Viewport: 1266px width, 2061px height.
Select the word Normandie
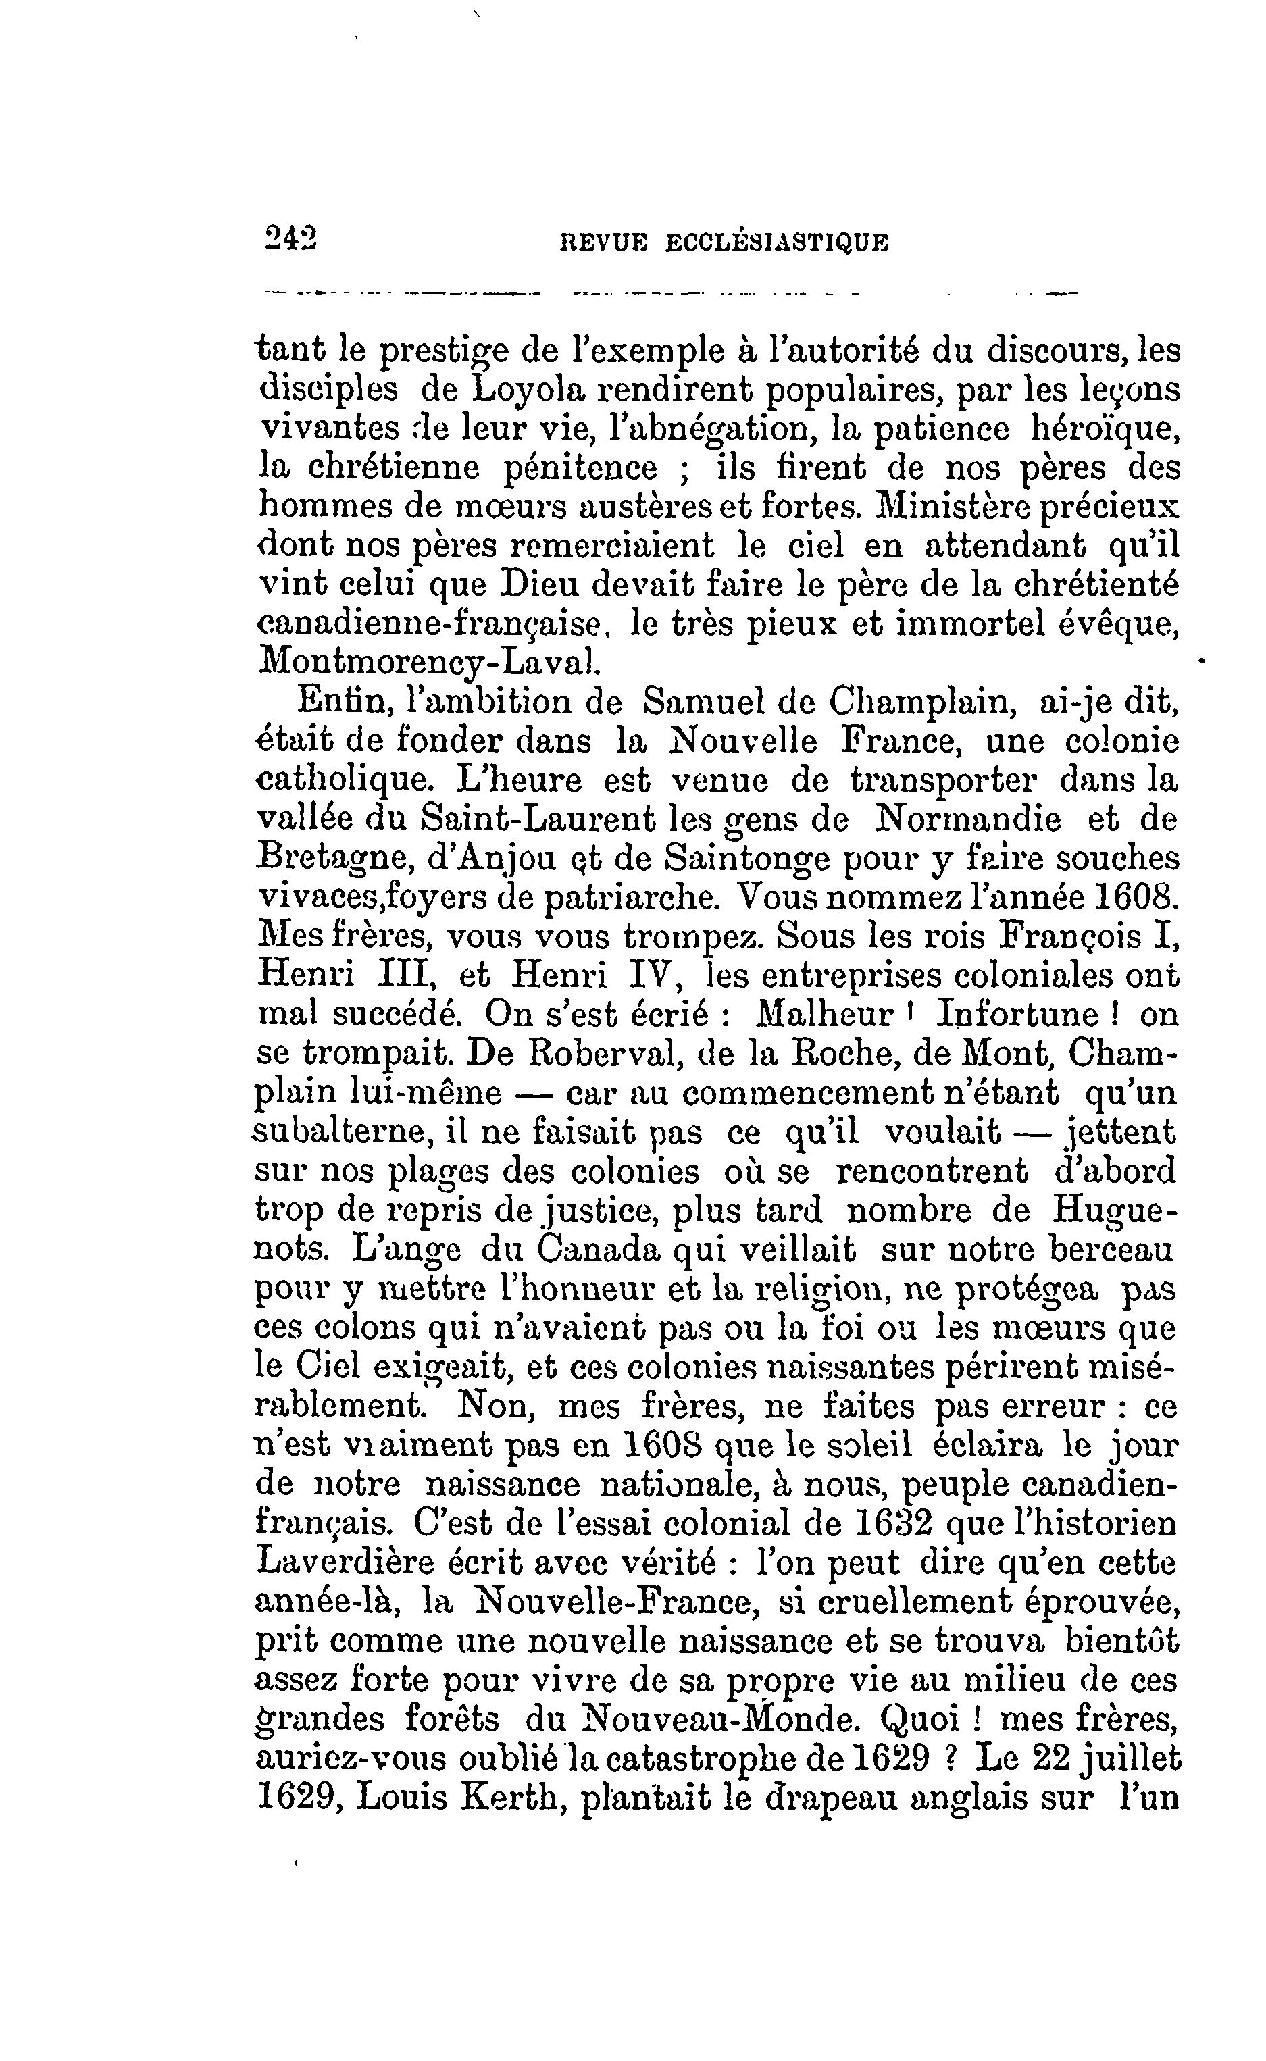point(967,819)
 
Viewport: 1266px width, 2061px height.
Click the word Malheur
point(824,1015)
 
